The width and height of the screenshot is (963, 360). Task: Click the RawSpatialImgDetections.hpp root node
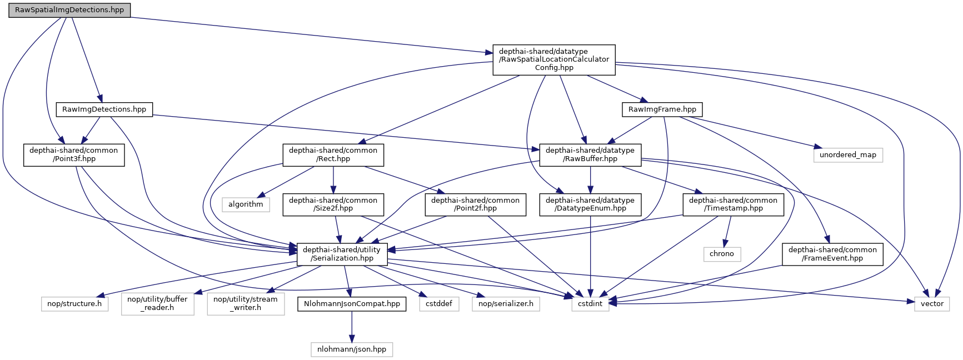click(69, 10)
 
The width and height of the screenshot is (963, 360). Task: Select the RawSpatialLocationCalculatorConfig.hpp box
click(554, 59)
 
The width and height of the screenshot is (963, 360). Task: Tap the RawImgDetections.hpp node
click(104, 109)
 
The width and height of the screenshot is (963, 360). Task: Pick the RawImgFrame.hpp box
click(662, 109)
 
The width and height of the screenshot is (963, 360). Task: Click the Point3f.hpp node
click(73, 154)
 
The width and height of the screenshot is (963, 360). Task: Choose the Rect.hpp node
click(333, 154)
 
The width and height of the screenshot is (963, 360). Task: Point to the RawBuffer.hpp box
click(590, 154)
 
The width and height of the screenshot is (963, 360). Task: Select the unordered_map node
click(847, 155)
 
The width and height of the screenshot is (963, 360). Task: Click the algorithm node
click(246, 204)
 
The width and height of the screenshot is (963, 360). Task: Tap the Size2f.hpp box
click(333, 204)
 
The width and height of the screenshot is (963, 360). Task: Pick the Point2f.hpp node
click(475, 204)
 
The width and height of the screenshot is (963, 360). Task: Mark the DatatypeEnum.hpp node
click(590, 204)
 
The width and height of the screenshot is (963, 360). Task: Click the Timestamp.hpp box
click(733, 204)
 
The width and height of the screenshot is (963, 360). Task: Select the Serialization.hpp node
click(342, 254)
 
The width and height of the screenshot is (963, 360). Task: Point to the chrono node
click(722, 254)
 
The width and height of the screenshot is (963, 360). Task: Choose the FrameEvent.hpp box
click(832, 254)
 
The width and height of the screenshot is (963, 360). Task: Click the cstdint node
click(590, 304)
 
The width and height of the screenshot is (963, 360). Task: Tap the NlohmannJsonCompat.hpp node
click(352, 304)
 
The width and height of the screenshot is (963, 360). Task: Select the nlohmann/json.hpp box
click(352, 349)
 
